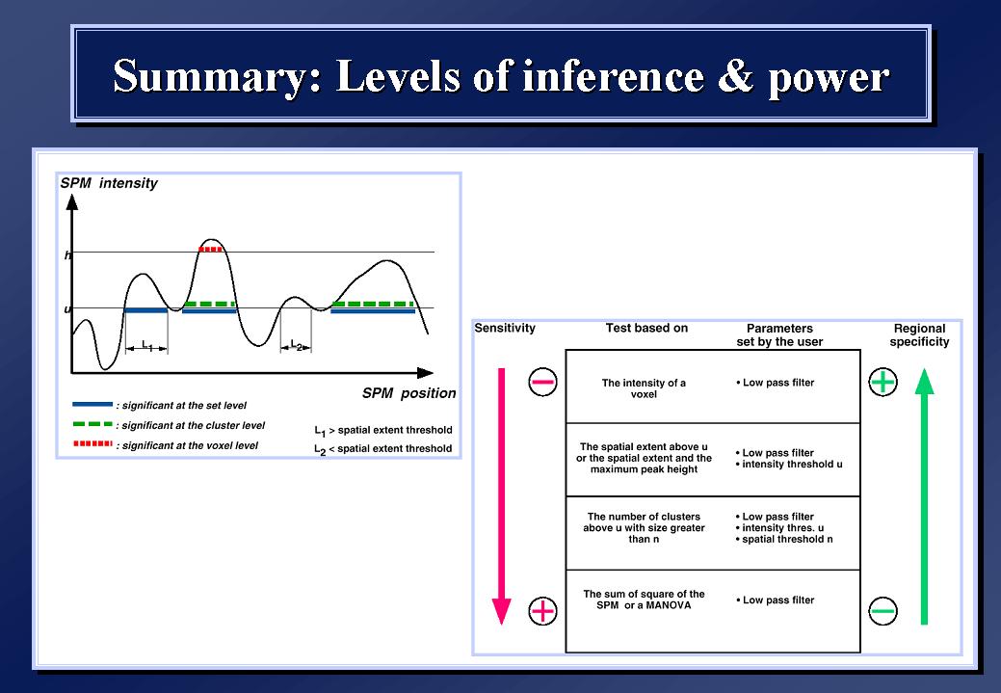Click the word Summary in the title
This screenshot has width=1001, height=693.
218,77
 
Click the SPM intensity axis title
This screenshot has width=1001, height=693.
109,183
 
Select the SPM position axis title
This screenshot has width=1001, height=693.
409,393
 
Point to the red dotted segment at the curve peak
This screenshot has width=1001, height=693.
211,249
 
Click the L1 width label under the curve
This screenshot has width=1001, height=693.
146,346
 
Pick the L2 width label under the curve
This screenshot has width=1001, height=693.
296,346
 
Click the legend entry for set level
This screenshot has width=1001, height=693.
160,405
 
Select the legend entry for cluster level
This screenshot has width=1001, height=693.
170,425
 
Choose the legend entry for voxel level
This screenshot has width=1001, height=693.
166,445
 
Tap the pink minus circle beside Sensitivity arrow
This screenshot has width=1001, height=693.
542,382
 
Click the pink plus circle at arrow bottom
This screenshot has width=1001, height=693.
542,611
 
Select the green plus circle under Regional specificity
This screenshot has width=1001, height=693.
882,382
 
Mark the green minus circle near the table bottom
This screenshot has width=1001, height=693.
882,611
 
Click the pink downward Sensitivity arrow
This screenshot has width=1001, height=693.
502,496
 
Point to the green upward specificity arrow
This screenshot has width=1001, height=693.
924,496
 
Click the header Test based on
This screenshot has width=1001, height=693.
646,328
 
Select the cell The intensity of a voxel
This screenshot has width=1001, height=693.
644,388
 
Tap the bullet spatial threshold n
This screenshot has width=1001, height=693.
784,539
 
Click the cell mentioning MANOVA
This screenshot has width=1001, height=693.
644,600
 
